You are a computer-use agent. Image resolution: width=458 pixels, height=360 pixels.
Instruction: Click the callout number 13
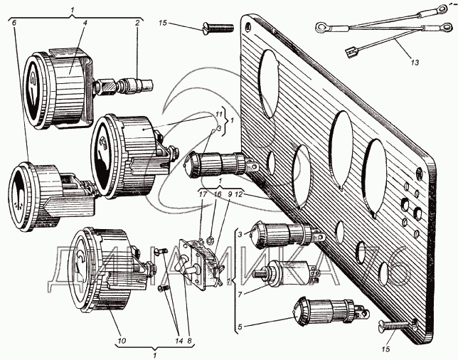[x=415, y=62]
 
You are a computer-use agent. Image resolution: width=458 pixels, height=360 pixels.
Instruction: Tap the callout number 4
[x=85, y=23]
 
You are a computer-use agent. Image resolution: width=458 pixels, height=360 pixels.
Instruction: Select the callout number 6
[x=14, y=23]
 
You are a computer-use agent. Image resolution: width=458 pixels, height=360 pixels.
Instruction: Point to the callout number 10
[x=122, y=340]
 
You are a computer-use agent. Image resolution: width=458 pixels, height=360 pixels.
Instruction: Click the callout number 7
[x=240, y=295]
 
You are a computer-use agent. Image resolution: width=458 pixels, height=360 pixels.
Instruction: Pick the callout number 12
[x=239, y=194]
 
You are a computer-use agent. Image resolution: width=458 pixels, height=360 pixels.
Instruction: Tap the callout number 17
[x=203, y=194]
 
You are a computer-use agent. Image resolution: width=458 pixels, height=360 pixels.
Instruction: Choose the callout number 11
[x=220, y=114]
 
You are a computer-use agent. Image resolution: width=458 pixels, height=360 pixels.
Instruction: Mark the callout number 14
[x=179, y=340]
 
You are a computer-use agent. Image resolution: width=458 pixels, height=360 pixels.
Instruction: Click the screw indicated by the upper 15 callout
[x=218, y=28]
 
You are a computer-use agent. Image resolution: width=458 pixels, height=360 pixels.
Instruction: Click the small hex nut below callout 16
[x=209, y=240]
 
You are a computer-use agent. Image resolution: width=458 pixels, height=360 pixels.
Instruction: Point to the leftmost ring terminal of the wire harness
[x=321, y=28]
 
